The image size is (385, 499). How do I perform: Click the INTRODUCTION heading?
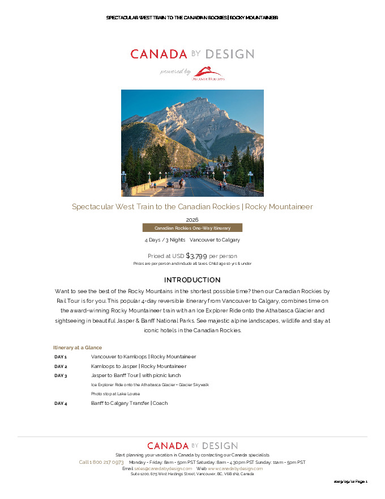tap(192, 280)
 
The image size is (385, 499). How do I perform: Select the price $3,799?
tap(196, 256)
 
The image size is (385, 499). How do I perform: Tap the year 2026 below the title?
tap(192, 219)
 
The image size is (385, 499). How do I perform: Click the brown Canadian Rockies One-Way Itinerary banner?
tap(192, 228)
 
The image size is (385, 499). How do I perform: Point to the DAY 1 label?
tap(61, 357)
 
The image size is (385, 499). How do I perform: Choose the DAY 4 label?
tap(61, 403)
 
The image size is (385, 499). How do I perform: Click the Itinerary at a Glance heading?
tap(78, 347)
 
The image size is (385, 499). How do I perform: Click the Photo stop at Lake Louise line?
tap(115, 394)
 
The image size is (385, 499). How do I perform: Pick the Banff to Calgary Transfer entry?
tap(129, 403)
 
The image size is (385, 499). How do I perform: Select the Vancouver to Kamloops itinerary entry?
tap(143, 357)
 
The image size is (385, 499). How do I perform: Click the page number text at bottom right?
tap(350, 481)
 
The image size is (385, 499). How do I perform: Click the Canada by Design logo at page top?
tap(192, 54)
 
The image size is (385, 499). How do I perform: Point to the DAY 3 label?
tap(61, 375)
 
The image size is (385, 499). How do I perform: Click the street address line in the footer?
tap(192, 474)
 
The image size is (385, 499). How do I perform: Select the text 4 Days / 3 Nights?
tap(165, 240)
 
